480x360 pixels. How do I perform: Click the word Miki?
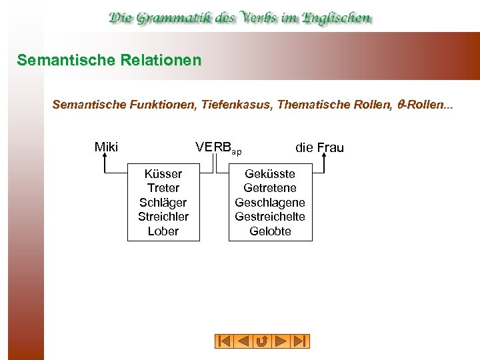(106, 147)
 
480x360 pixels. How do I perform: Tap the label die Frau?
(319, 147)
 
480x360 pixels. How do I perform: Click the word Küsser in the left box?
(163, 174)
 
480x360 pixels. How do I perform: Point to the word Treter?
(163, 188)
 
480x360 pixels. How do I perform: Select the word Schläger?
(163, 203)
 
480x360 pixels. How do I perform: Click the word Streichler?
(163, 217)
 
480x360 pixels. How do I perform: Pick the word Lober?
(163, 231)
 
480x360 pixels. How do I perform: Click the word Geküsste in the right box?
(270, 174)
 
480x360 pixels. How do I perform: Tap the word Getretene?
(270, 188)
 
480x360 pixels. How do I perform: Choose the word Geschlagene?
(270, 203)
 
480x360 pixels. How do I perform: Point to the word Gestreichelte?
(270, 217)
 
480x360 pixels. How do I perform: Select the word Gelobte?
(270, 231)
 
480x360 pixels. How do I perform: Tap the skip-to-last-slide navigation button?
(301, 341)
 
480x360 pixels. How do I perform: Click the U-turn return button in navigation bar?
(262, 341)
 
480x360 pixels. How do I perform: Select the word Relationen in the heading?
(160, 60)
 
